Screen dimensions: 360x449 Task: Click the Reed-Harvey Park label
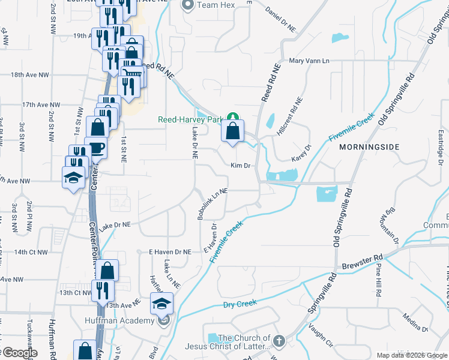[190, 119]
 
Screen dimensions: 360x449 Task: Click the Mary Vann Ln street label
[310, 61]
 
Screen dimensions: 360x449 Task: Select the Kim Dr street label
[240, 165]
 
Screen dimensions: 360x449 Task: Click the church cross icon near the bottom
[279, 342]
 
